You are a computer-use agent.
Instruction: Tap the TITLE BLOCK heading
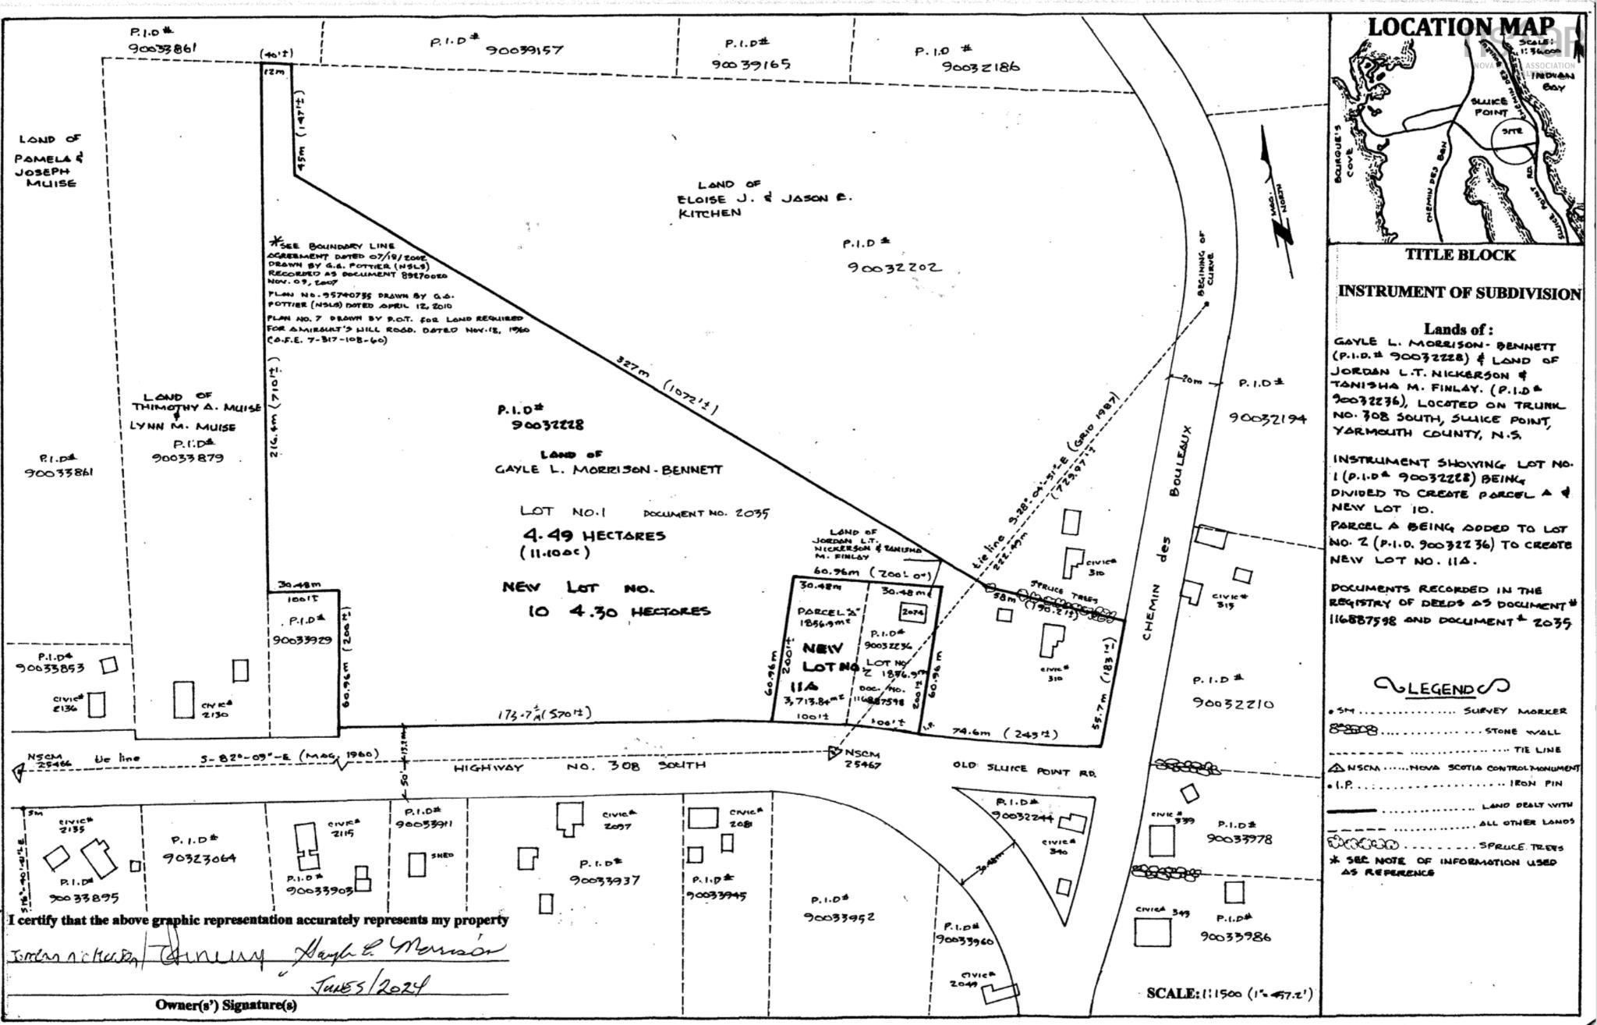(1461, 255)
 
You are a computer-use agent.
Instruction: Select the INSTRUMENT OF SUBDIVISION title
(1460, 293)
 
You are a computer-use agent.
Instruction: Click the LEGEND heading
(1442, 687)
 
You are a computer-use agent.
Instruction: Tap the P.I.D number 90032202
(894, 268)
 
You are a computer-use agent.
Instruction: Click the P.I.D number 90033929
(303, 640)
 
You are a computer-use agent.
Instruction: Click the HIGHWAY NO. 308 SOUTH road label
(579, 767)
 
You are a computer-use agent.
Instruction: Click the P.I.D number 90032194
(1267, 417)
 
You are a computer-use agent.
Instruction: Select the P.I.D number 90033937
(604, 880)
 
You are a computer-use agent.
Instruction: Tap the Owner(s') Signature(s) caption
(226, 1005)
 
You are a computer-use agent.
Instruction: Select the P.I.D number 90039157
(524, 50)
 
